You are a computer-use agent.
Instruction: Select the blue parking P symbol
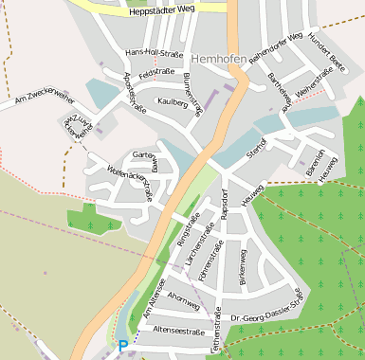122,347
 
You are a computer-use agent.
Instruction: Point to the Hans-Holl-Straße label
154,54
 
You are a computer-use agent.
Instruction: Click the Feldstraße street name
155,73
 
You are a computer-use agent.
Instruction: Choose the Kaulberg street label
173,101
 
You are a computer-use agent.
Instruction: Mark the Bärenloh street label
313,162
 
